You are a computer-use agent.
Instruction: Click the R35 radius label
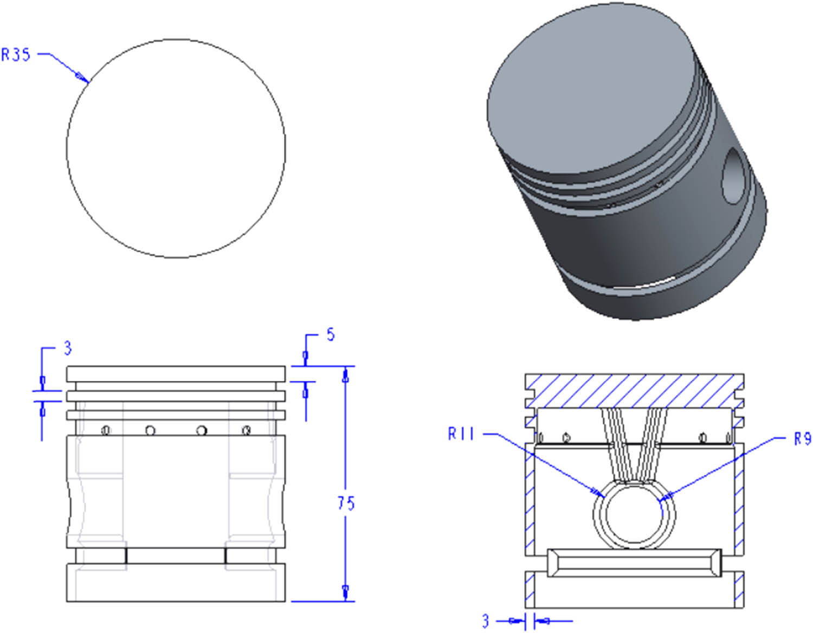tap(16, 55)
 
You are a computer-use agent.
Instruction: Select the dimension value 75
tap(346, 503)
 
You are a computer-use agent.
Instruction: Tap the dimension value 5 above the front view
tap(331, 335)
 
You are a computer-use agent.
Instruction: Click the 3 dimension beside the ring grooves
tap(67, 348)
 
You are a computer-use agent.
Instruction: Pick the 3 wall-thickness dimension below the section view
tap(486, 621)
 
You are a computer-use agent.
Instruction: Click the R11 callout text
tap(461, 434)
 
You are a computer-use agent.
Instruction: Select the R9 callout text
tap(802, 438)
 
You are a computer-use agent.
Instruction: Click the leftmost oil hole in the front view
tap(106, 430)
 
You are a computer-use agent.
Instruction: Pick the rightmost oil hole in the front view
tap(247, 430)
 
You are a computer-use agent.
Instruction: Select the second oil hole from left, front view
tap(150, 431)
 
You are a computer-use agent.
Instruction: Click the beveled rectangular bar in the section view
tap(634, 563)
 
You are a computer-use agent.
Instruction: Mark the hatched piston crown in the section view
tap(634, 390)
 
